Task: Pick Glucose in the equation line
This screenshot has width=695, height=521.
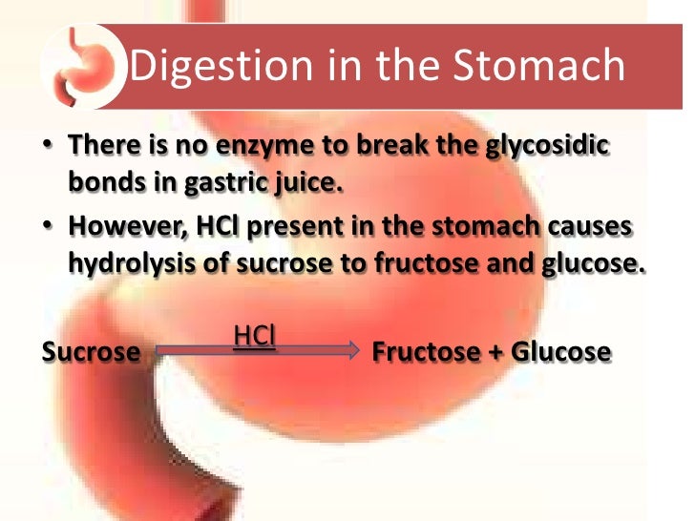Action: click(x=560, y=352)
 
